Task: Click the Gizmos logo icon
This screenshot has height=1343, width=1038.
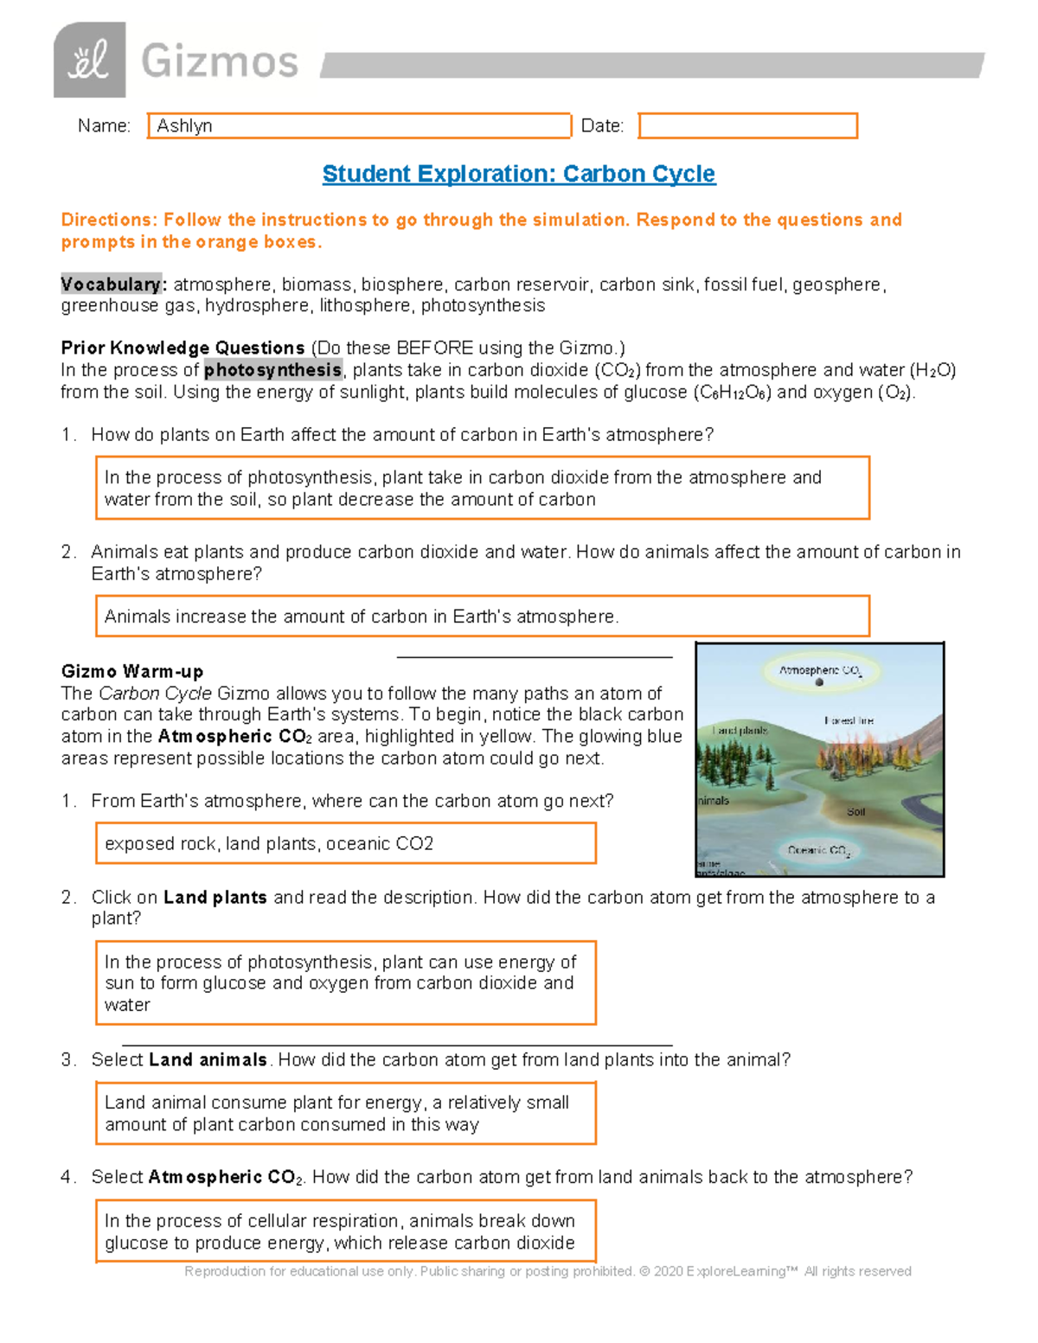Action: pos(89,61)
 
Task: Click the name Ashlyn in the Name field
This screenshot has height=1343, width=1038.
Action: pos(184,125)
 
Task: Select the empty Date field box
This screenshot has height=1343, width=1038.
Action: pos(747,125)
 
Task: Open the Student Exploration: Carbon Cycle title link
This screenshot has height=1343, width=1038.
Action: pos(518,174)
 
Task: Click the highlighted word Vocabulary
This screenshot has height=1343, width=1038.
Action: pos(111,285)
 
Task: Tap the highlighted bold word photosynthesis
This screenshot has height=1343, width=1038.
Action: pos(272,370)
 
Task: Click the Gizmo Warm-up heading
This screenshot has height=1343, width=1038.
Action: pos(132,671)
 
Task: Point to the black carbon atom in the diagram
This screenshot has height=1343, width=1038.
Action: pos(819,682)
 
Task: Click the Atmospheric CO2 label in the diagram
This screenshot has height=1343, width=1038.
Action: pos(819,670)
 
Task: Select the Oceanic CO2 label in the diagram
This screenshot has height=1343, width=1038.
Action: pos(818,850)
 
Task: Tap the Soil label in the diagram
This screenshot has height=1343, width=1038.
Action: pos(855,812)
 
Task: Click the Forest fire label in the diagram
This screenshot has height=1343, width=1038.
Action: pos(849,720)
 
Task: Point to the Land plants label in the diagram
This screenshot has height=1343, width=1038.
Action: pos(740,731)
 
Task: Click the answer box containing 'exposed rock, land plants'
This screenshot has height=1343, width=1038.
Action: pos(345,843)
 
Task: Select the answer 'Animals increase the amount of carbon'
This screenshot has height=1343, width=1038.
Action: pos(362,617)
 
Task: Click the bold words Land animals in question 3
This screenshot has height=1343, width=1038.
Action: pos(208,1060)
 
